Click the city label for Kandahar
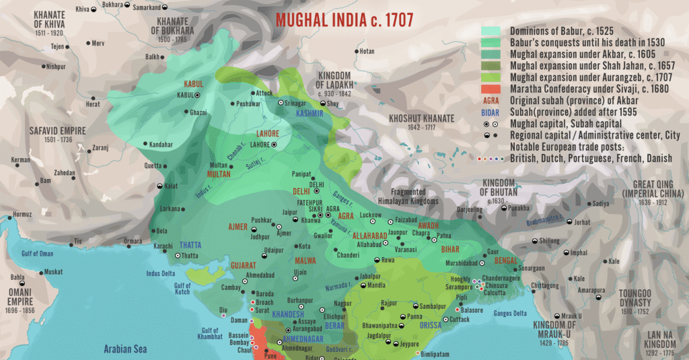tap(161, 145)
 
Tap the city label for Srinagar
tap(299, 103)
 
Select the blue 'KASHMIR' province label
tap(310, 114)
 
